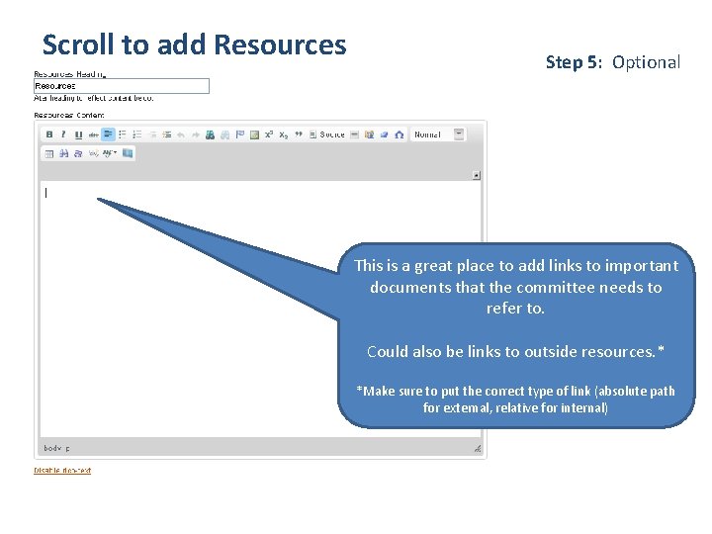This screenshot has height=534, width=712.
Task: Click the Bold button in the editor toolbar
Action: (49, 134)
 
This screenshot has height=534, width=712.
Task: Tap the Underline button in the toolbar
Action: (78, 134)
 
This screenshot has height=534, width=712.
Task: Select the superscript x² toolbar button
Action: (268, 134)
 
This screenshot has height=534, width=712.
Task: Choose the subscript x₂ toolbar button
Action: (283, 134)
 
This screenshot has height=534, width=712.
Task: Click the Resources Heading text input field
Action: (121, 86)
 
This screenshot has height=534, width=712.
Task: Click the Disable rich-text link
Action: (62, 471)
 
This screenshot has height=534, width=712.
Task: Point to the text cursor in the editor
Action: (45, 193)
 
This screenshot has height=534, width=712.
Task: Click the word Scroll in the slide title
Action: (77, 45)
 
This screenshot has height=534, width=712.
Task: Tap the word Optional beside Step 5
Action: (646, 62)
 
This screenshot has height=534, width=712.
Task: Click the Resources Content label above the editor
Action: (69, 115)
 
